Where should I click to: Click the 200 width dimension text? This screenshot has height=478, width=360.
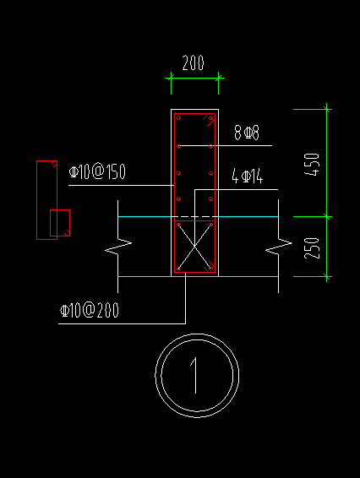coord(193,62)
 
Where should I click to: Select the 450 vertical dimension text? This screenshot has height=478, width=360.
coord(312,165)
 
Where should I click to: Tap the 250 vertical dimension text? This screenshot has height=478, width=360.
coord(312,248)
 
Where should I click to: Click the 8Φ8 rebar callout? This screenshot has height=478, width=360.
coord(247,133)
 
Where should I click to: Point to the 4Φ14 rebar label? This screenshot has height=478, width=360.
coord(247,177)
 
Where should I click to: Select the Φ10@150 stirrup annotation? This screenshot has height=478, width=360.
coord(97,171)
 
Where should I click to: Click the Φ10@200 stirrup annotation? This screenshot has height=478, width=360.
coord(89,310)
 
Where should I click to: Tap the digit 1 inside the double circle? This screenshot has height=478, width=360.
coord(194,376)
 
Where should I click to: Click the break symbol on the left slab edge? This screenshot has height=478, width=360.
coord(118,247)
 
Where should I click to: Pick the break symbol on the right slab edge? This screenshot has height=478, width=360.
coord(278,247)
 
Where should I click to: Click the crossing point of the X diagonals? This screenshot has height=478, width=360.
coord(194,247)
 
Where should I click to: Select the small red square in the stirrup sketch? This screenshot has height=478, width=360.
coord(60,223)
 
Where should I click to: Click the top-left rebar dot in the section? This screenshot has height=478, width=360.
coord(178,118)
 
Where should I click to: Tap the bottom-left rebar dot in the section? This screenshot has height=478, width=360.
coord(178,269)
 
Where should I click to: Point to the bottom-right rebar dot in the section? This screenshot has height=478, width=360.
coord(210,269)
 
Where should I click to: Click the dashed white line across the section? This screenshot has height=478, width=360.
coord(194,217)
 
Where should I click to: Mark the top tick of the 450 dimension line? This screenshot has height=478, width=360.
coord(327,109)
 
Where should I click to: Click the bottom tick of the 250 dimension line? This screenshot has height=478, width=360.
coord(327,277)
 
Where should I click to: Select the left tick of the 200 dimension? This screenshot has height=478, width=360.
coord(171,78)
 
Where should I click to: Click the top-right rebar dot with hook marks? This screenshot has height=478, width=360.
coord(210,118)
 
